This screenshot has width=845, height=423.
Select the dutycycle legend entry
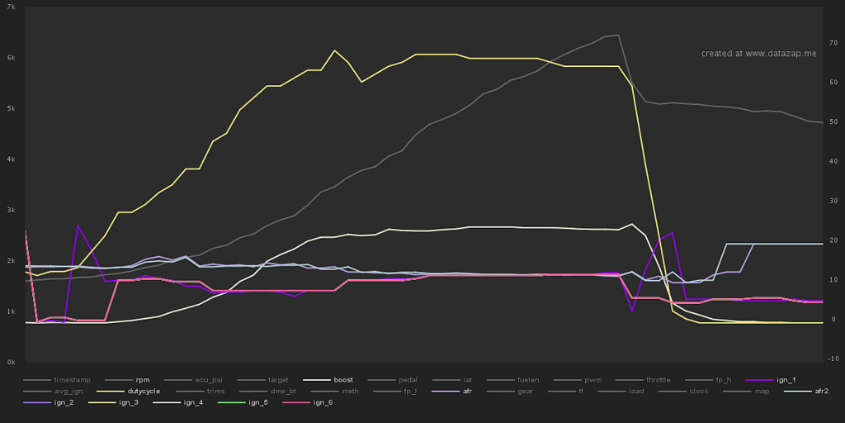click(142, 391)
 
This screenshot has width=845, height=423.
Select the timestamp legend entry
click(73, 380)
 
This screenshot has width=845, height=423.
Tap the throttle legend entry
click(659, 380)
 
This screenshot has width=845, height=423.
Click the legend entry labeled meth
click(350, 391)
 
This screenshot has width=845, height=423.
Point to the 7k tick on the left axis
click(11, 7)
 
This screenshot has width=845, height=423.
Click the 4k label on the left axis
click(11, 159)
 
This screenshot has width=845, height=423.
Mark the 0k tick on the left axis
click(11, 362)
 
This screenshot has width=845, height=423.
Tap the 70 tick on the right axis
click(833, 42)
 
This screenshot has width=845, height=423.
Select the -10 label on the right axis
click(833, 359)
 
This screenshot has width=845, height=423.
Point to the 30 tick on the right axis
click(833, 201)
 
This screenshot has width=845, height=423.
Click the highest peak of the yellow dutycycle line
click(334, 50)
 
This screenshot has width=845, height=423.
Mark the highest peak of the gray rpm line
click(618, 35)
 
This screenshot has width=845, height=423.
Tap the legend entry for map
click(761, 391)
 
